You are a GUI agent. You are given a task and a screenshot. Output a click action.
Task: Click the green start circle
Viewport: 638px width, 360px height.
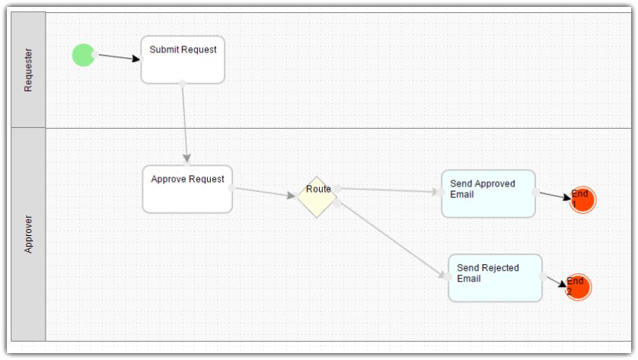[84, 55]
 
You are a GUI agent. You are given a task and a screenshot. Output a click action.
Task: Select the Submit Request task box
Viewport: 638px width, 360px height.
[183, 60]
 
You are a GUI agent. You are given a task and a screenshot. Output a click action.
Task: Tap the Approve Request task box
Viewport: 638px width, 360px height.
[187, 190]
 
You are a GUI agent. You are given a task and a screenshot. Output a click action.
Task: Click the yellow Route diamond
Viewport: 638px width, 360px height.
[317, 197]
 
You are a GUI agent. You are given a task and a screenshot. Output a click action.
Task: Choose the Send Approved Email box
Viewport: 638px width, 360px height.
[488, 193]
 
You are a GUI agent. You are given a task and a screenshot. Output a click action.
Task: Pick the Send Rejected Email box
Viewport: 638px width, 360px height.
[495, 279]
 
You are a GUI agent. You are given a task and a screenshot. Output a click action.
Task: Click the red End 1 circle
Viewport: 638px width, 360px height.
[582, 199]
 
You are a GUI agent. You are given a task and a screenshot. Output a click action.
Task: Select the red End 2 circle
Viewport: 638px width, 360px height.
[578, 287]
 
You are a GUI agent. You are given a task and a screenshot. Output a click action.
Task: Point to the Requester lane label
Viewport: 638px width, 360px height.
[28, 70]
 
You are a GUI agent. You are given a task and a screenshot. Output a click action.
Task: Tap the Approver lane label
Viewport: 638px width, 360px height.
[28, 234]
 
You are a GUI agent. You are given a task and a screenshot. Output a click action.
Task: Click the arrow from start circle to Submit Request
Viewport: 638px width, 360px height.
[119, 57]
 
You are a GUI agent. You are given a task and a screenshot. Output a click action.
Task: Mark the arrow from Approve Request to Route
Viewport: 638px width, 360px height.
[265, 192]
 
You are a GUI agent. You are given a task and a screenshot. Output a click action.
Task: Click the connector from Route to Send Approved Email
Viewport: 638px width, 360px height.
[389, 190]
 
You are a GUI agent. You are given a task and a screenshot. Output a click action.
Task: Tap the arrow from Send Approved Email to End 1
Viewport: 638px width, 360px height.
[555, 196]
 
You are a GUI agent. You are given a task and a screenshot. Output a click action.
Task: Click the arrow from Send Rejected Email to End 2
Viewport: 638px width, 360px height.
[557, 282]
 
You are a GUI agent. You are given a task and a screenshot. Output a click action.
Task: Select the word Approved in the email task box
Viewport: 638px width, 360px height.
[494, 184]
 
